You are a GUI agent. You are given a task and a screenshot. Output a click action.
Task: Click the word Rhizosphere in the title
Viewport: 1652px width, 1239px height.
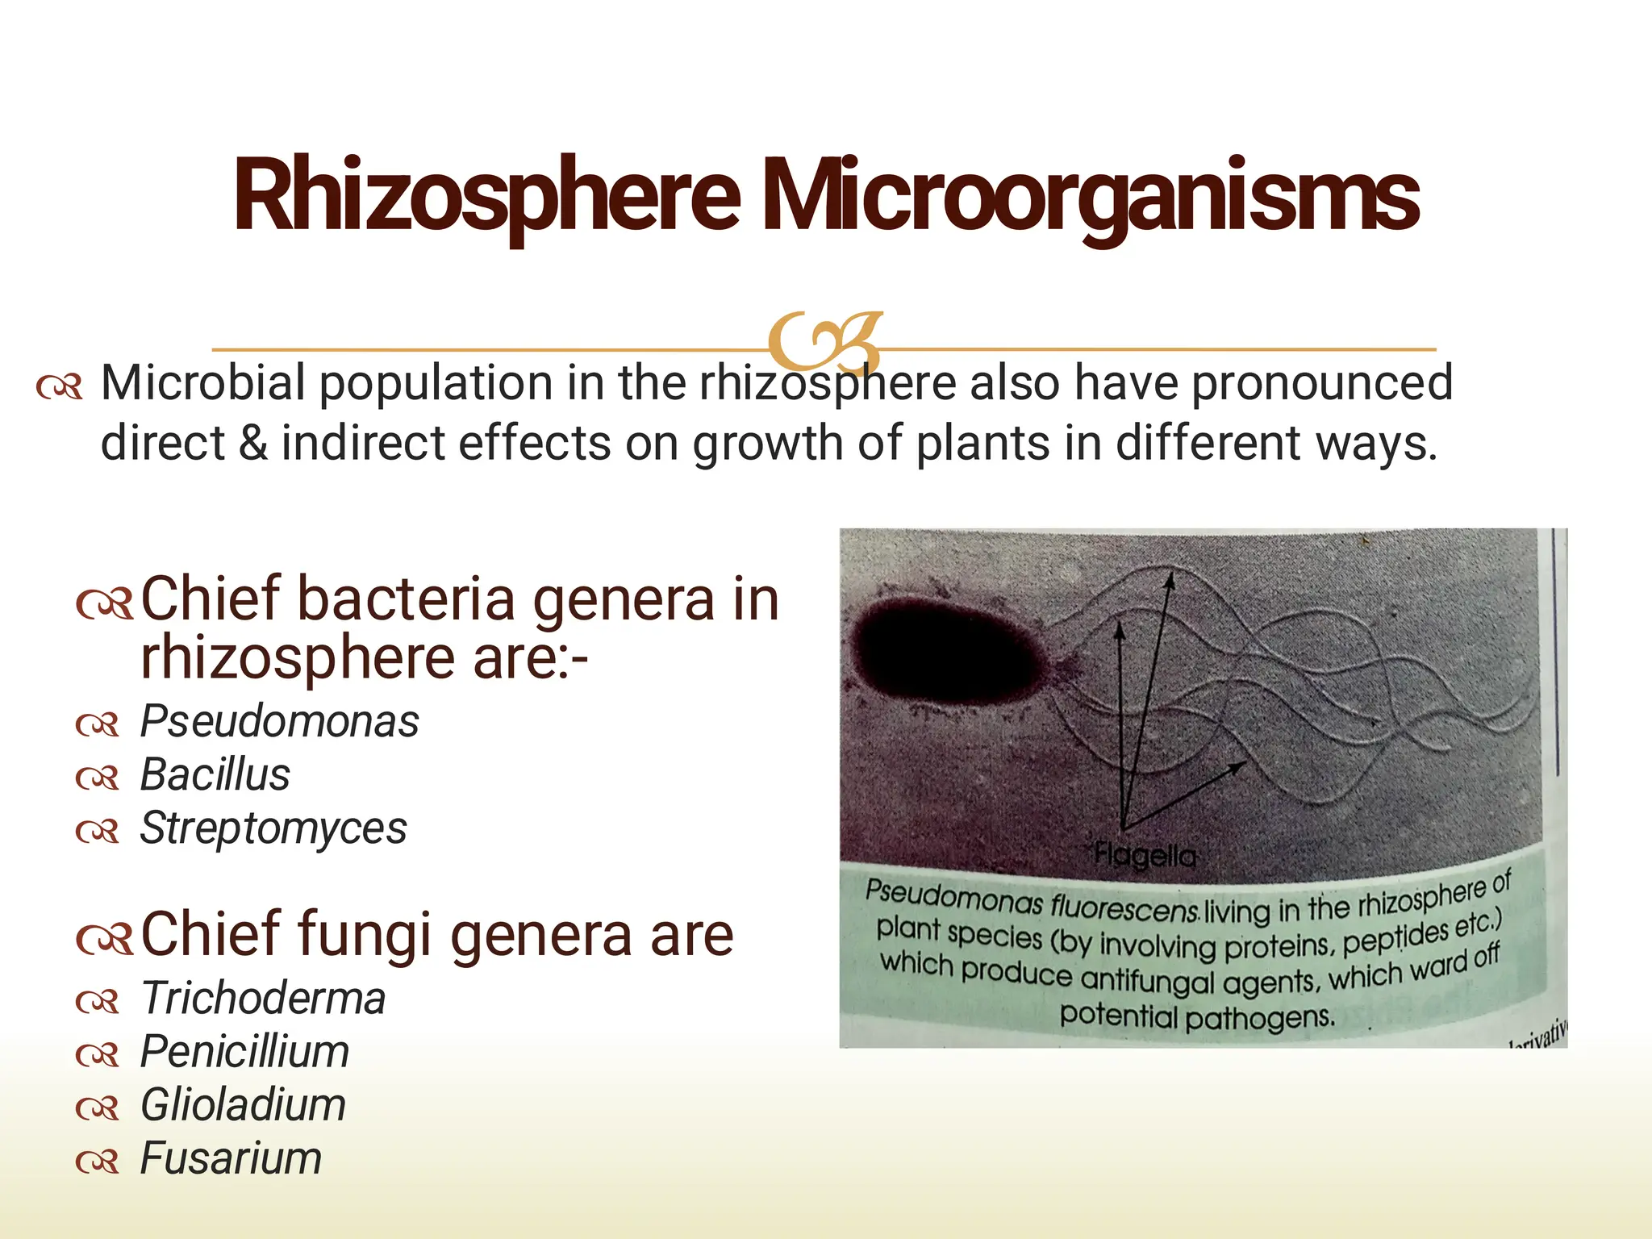[x=486, y=196]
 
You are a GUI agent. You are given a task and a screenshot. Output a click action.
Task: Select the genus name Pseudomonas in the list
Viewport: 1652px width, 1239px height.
[x=279, y=721]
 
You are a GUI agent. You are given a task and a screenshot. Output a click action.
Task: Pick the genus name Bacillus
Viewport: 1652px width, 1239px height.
[x=215, y=774]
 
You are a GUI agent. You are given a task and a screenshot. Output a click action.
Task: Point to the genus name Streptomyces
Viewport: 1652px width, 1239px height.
[x=273, y=828]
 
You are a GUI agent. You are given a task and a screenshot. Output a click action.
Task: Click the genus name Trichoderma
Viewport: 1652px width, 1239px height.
[x=263, y=999]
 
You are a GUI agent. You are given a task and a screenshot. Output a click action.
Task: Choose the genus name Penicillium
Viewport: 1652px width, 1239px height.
[x=244, y=1052]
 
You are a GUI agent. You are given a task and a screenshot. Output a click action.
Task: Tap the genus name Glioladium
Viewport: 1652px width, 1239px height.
[x=243, y=1105]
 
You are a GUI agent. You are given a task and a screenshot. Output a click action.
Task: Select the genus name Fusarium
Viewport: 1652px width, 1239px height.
[x=231, y=1158]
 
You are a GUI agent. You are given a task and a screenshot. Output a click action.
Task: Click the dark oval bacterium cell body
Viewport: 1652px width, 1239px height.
[x=948, y=653]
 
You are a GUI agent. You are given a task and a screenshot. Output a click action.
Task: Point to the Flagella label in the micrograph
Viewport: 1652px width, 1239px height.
[x=1145, y=855]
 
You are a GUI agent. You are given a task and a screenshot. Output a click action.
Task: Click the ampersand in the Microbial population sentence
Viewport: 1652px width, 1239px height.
[x=253, y=443]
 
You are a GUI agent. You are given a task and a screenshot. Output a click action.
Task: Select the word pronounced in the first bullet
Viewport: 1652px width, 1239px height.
[x=1322, y=382]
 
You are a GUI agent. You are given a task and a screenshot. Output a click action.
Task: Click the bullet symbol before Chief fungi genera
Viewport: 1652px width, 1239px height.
[x=104, y=938]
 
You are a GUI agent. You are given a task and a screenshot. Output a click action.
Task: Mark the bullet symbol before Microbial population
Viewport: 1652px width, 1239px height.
[x=59, y=387]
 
